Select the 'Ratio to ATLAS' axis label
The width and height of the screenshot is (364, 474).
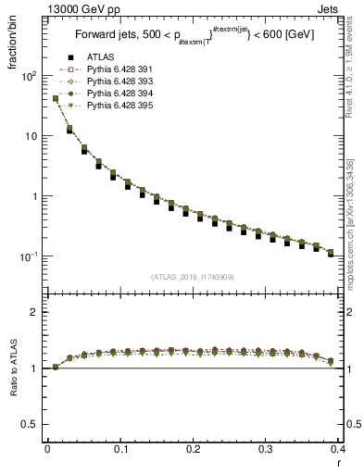(13, 368)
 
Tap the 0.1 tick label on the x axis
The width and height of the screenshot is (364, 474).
(120, 449)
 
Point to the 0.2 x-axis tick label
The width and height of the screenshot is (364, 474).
(193, 449)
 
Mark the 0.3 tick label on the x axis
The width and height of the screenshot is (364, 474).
(266, 449)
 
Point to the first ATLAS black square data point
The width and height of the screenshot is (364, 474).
(56, 99)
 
